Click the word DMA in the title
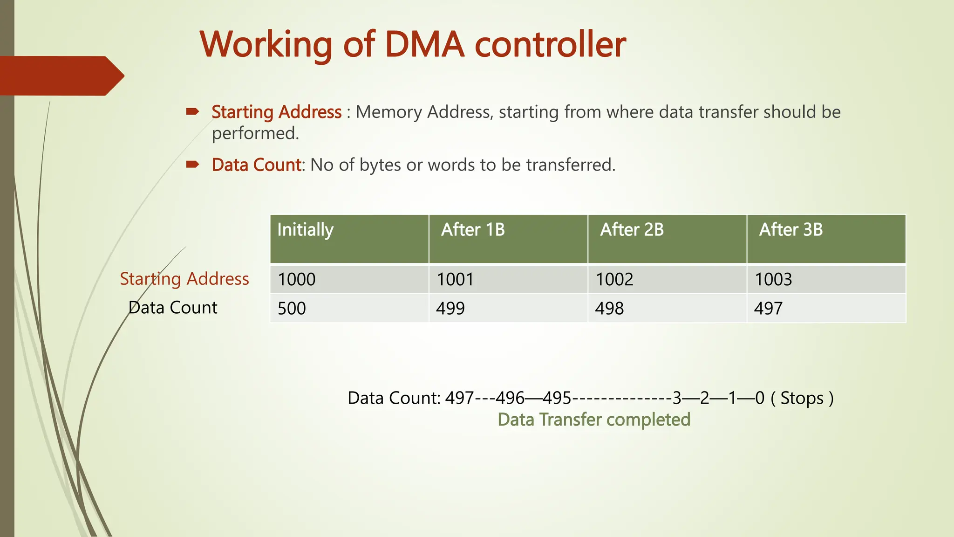click(424, 45)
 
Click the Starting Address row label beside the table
click(184, 279)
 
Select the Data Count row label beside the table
click(173, 308)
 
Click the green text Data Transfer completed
click(594, 420)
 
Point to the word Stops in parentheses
click(802, 398)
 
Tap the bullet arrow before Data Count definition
click(192, 164)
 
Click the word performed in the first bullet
click(255, 133)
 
